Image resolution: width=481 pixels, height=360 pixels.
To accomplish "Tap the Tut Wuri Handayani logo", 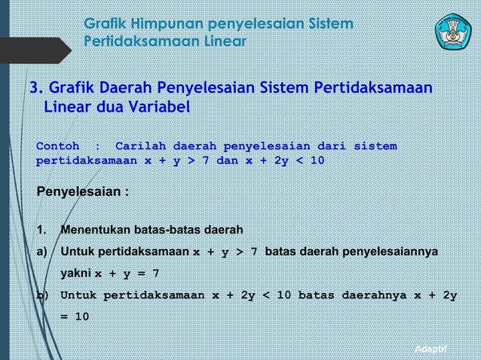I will (x=453, y=29).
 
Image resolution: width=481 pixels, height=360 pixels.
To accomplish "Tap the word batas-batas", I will (x=170, y=229).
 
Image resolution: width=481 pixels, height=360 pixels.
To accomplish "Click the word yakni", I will (x=75, y=273).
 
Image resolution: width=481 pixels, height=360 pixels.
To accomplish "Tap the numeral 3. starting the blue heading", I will (x=35, y=90).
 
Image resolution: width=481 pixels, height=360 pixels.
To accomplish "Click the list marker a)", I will (x=42, y=251).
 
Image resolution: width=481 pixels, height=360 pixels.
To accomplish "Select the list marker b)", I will (x=42, y=294).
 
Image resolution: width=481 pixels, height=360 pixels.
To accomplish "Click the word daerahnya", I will (x=373, y=294).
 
